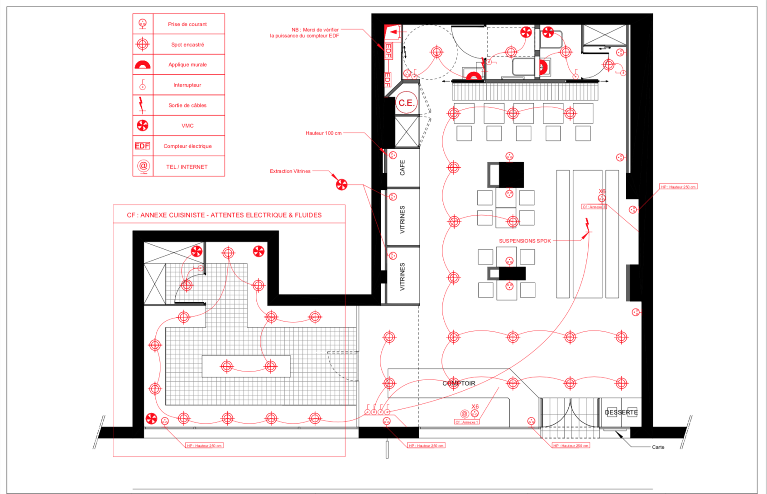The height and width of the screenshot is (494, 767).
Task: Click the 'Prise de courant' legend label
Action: (187, 24)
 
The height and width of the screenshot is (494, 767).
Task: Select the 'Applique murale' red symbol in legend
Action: (143, 65)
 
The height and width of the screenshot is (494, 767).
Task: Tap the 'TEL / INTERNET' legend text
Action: (187, 167)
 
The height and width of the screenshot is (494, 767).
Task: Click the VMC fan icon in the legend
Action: (143, 126)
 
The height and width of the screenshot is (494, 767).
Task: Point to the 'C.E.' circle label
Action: (406, 103)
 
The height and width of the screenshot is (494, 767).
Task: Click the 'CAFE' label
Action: (403, 168)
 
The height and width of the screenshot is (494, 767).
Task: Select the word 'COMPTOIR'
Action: (459, 383)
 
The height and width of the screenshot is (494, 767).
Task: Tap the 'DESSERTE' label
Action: (621, 412)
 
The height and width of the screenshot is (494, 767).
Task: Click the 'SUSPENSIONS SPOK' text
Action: (525, 241)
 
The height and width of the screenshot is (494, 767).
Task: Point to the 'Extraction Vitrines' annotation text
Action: (290, 171)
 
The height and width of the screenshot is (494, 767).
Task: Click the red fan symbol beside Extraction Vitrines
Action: (341, 184)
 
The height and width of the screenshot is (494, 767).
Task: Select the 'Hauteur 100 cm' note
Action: (323, 133)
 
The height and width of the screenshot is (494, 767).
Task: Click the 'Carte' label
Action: (658, 447)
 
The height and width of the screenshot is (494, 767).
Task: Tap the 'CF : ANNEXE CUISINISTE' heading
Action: (224, 215)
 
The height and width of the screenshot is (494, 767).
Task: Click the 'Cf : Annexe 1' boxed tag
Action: (466, 422)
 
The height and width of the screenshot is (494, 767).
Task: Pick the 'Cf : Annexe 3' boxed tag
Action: (594, 207)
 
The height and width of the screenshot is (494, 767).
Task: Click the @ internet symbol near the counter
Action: (464, 413)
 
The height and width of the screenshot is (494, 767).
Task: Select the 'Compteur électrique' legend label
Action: (187, 146)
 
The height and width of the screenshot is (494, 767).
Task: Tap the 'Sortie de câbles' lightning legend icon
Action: (142, 105)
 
